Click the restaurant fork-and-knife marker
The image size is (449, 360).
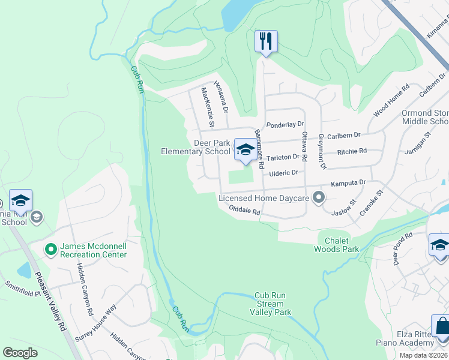[266, 41]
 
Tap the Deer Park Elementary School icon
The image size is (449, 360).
[244, 150]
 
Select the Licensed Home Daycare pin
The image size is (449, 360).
[319, 197]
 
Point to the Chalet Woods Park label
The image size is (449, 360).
[337, 245]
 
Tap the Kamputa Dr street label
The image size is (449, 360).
[347, 182]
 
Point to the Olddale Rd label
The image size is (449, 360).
[244, 211]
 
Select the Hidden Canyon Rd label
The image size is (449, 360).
[85, 296]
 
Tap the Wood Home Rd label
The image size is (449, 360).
[391, 100]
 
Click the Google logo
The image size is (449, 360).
[20, 353]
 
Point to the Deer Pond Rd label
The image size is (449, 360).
[403, 248]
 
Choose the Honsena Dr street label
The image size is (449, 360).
[221, 98]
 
